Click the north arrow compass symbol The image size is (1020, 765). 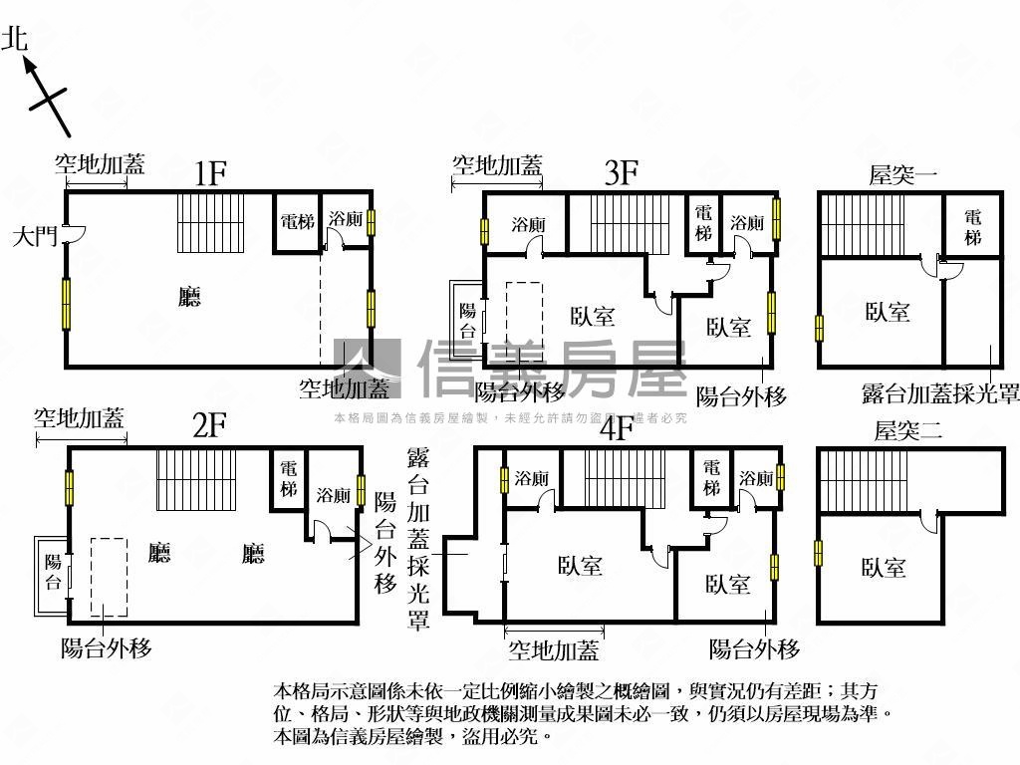[46, 96]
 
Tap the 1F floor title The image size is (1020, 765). [211, 173]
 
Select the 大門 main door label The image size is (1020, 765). [34, 237]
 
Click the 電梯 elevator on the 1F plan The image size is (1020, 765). [297, 220]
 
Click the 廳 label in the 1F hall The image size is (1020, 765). [189, 297]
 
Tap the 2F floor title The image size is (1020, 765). [210, 426]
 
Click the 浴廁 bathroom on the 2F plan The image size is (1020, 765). [333, 495]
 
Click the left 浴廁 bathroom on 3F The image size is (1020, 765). [527, 224]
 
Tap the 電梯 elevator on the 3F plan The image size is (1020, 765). [703, 222]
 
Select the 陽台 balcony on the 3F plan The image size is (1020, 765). [468, 319]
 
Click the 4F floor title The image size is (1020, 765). [618, 428]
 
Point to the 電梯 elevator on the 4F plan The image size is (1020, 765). [710, 477]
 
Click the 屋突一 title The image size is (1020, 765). [903, 176]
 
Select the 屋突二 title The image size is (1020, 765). [907, 431]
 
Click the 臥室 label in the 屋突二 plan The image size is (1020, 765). [884, 568]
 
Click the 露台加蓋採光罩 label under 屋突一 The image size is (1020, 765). [940, 394]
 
